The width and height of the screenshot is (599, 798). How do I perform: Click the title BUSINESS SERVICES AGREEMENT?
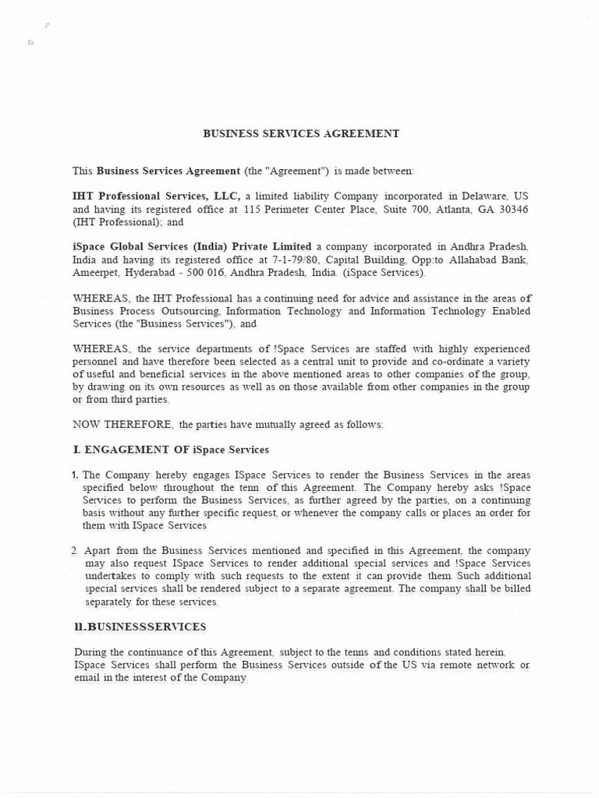coord(301,133)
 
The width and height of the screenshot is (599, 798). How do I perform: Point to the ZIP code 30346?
coord(513,210)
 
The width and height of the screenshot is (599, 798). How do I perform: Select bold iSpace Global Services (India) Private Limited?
coord(192,246)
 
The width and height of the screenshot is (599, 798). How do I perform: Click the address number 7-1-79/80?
coord(296,260)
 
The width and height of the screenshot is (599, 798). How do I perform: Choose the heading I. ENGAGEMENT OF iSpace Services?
coord(170,450)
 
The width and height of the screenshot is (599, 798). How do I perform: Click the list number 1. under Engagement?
coord(76,475)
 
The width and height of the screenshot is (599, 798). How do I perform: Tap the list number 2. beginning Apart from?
coord(76,550)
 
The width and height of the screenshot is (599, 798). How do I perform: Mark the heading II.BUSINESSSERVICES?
coord(140,627)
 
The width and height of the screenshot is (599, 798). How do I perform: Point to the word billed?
coord(515,588)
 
